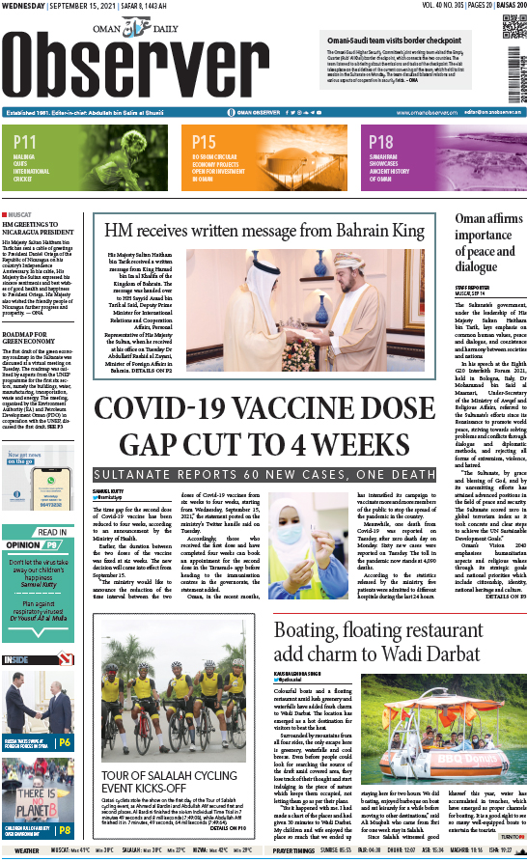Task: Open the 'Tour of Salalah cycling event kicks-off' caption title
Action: click(x=170, y=775)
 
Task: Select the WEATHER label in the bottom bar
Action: click(x=27, y=850)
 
